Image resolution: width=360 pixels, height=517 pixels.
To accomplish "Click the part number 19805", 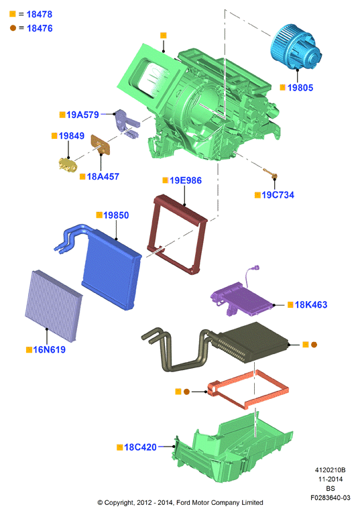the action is pyautogui.click(x=300, y=88).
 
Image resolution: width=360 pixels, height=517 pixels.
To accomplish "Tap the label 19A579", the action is pyautogui.click(x=82, y=115).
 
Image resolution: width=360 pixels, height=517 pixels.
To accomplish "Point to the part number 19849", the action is pyautogui.click(x=72, y=136).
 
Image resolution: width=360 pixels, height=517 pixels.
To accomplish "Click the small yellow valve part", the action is pyautogui.click(x=68, y=164).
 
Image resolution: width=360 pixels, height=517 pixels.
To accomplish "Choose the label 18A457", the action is pyautogui.click(x=103, y=177).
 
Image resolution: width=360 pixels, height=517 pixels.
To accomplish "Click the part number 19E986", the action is pyautogui.click(x=186, y=180).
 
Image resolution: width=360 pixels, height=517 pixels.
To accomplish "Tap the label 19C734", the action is pyautogui.click(x=278, y=195).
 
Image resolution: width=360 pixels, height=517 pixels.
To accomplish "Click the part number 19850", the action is pyautogui.click(x=116, y=215).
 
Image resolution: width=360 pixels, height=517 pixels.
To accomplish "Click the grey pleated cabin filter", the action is pyautogui.click(x=54, y=306).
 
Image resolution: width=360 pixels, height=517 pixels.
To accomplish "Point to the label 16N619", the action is pyautogui.click(x=50, y=349).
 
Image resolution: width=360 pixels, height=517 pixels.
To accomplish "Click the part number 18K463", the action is pyautogui.click(x=311, y=304).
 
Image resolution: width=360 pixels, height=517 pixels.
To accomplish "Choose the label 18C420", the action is pyautogui.click(x=140, y=447).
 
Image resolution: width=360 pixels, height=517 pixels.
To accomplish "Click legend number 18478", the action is pyautogui.click(x=40, y=15).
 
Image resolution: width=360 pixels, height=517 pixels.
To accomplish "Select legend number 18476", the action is pyautogui.click(x=40, y=28).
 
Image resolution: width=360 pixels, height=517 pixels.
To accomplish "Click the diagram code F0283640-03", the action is pyautogui.click(x=331, y=498).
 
